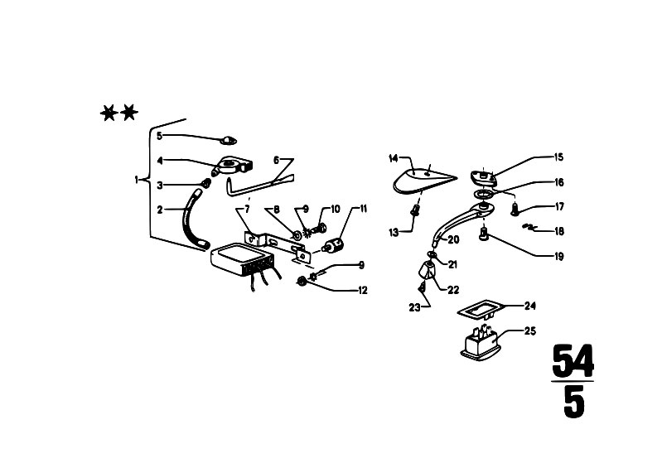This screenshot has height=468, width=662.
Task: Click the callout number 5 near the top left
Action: pos(159,136)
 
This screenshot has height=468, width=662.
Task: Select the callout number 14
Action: pos(393,159)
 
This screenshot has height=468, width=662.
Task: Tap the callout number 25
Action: pos(530,331)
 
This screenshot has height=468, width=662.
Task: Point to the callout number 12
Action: pos(363,291)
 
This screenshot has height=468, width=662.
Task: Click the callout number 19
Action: pos(558,257)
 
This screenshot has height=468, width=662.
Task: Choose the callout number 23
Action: pos(414,307)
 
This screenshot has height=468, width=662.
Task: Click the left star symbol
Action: pos(109,113)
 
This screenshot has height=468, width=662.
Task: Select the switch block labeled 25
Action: pos(481,344)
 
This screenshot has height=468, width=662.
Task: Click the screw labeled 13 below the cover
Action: pos(415,210)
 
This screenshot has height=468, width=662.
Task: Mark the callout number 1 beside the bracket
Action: pos(137,181)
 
